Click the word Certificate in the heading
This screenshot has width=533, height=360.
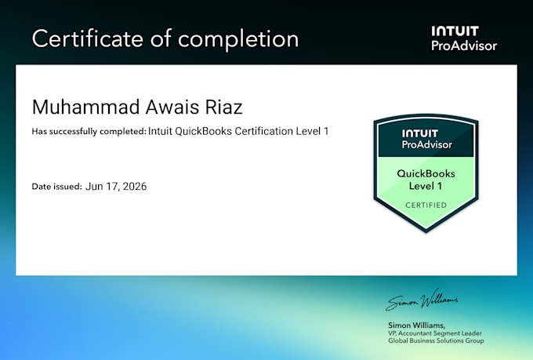tap(87, 38)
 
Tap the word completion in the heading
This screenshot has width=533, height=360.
tap(238, 40)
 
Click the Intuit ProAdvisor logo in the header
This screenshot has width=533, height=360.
tap(464, 38)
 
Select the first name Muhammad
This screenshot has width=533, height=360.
tap(86, 107)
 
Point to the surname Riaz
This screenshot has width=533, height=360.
tap(223, 107)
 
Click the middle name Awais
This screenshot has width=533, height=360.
tap(172, 107)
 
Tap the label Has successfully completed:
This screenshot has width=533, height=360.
tap(89, 131)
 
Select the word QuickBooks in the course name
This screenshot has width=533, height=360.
tap(204, 131)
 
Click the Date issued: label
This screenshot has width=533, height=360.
tap(56, 187)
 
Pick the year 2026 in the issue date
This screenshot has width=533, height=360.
tap(135, 187)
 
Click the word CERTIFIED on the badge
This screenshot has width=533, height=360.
tap(426, 205)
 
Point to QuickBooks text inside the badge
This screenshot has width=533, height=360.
tap(426, 173)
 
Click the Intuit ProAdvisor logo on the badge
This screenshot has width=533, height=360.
tap(426, 139)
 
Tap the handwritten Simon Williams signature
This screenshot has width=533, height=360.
tap(422, 300)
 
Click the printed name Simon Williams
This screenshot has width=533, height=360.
tap(416, 325)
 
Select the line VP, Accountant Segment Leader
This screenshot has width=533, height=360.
tap(435, 333)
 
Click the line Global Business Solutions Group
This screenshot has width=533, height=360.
tap(436, 340)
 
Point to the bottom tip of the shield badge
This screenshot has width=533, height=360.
tap(426, 233)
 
